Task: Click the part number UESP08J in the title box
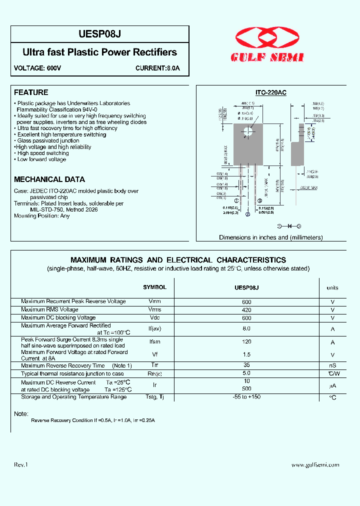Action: click(100, 34)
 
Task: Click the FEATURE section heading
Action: click(31, 92)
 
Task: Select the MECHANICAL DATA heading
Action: click(49, 179)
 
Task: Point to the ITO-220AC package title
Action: click(270, 92)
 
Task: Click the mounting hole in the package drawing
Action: click(247, 132)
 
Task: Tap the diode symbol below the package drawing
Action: click(288, 226)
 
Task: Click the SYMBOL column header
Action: click(154, 287)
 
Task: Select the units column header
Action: click(332, 287)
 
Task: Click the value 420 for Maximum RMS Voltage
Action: click(246, 310)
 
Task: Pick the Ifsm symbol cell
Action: click(154, 342)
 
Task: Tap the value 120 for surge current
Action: click(246, 342)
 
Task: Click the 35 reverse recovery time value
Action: click(246, 365)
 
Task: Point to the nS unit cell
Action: click(332, 366)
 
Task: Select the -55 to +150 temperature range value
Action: click(246, 397)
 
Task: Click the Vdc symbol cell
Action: click(154, 318)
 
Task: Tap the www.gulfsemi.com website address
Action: click(315, 465)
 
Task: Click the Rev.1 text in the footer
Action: click(21, 465)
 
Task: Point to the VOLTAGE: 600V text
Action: click(37, 68)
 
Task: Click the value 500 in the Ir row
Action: click(246, 389)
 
